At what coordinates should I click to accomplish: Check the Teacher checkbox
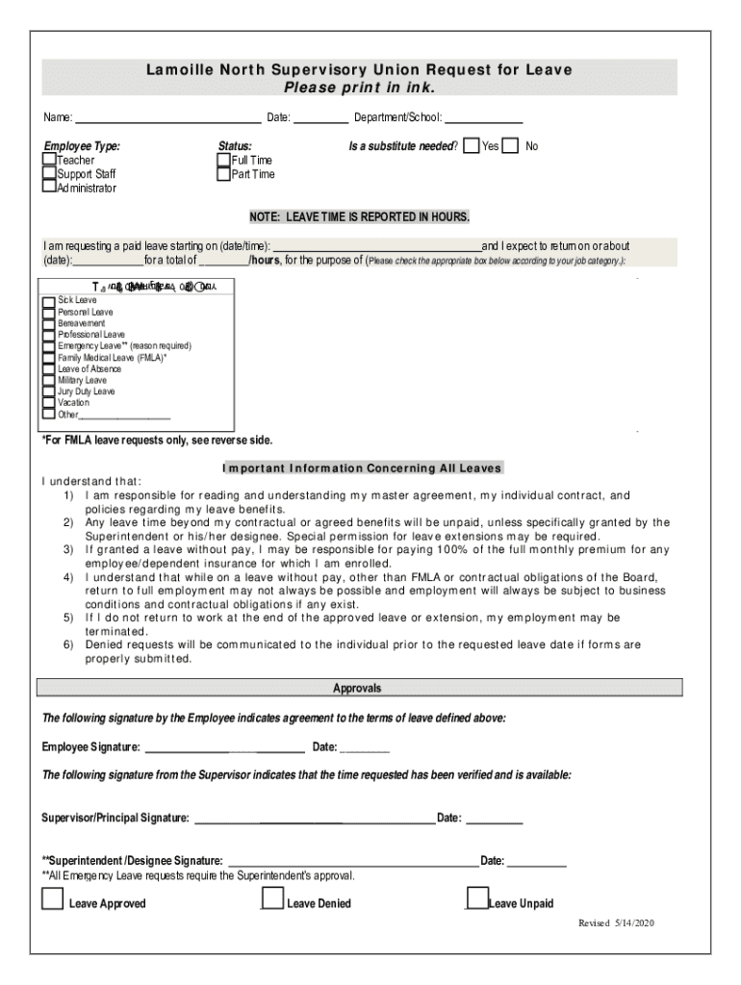tap(49, 160)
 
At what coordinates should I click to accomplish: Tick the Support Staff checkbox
tap(49, 173)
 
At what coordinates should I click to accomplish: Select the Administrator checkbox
tap(49, 187)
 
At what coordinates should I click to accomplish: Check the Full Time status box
tap(224, 160)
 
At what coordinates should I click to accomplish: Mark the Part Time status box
tap(224, 174)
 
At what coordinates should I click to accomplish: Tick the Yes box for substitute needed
tap(472, 146)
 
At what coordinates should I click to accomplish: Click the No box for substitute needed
tap(510, 146)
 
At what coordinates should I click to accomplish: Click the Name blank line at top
tap(167, 119)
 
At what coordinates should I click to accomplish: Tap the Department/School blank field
tap(483, 119)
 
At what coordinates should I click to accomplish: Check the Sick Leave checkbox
tap(48, 301)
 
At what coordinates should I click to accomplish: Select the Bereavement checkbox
tap(48, 324)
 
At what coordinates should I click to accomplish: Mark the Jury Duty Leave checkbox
tap(48, 392)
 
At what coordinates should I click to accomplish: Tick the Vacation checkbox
tap(48, 404)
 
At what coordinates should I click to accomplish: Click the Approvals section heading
tap(358, 688)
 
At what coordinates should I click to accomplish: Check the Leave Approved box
tap(53, 899)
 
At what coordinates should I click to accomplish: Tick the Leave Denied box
tap(273, 899)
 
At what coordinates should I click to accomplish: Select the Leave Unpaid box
tap(477, 899)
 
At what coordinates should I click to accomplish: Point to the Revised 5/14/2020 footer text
tap(615, 923)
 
